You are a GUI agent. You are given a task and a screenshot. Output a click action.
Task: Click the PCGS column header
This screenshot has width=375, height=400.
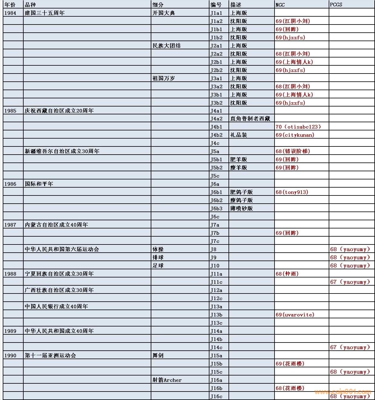[x=336, y=5]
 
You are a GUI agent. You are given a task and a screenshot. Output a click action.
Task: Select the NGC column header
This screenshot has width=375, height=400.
[x=280, y=5]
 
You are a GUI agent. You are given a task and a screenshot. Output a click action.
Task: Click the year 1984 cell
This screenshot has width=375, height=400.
[x=10, y=13]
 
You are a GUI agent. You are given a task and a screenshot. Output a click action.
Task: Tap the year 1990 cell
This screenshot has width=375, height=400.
[x=10, y=356]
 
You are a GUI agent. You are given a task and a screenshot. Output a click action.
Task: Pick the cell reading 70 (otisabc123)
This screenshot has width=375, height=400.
[x=298, y=127]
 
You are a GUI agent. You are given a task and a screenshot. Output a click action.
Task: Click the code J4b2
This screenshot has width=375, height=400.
[x=216, y=135]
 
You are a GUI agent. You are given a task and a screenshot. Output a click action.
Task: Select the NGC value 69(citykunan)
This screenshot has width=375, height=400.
[x=295, y=135]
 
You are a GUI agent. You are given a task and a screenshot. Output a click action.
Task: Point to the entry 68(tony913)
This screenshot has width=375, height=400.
[x=292, y=192]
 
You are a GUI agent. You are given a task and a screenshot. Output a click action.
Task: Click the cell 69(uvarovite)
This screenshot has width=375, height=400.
[x=295, y=315]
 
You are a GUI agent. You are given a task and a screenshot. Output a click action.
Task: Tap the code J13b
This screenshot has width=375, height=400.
[x=216, y=315]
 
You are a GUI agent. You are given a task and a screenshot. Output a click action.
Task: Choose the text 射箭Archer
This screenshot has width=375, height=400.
[x=167, y=380]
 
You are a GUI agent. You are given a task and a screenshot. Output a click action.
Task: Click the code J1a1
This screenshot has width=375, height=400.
[x=216, y=13]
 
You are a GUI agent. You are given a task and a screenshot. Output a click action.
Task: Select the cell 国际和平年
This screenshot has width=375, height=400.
[x=39, y=184]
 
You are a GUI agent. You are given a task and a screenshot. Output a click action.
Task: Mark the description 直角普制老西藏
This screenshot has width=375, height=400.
[x=250, y=119]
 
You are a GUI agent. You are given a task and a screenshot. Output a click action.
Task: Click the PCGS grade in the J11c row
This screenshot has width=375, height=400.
[x=350, y=282]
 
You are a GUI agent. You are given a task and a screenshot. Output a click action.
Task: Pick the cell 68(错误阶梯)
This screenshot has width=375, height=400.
[x=293, y=151]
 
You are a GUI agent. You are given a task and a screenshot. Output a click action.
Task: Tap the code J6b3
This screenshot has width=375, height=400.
[x=216, y=208]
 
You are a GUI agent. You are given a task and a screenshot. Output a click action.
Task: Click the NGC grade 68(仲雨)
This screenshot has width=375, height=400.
[x=287, y=274]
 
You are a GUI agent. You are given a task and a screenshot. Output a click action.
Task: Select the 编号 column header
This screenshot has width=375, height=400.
[x=216, y=5]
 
